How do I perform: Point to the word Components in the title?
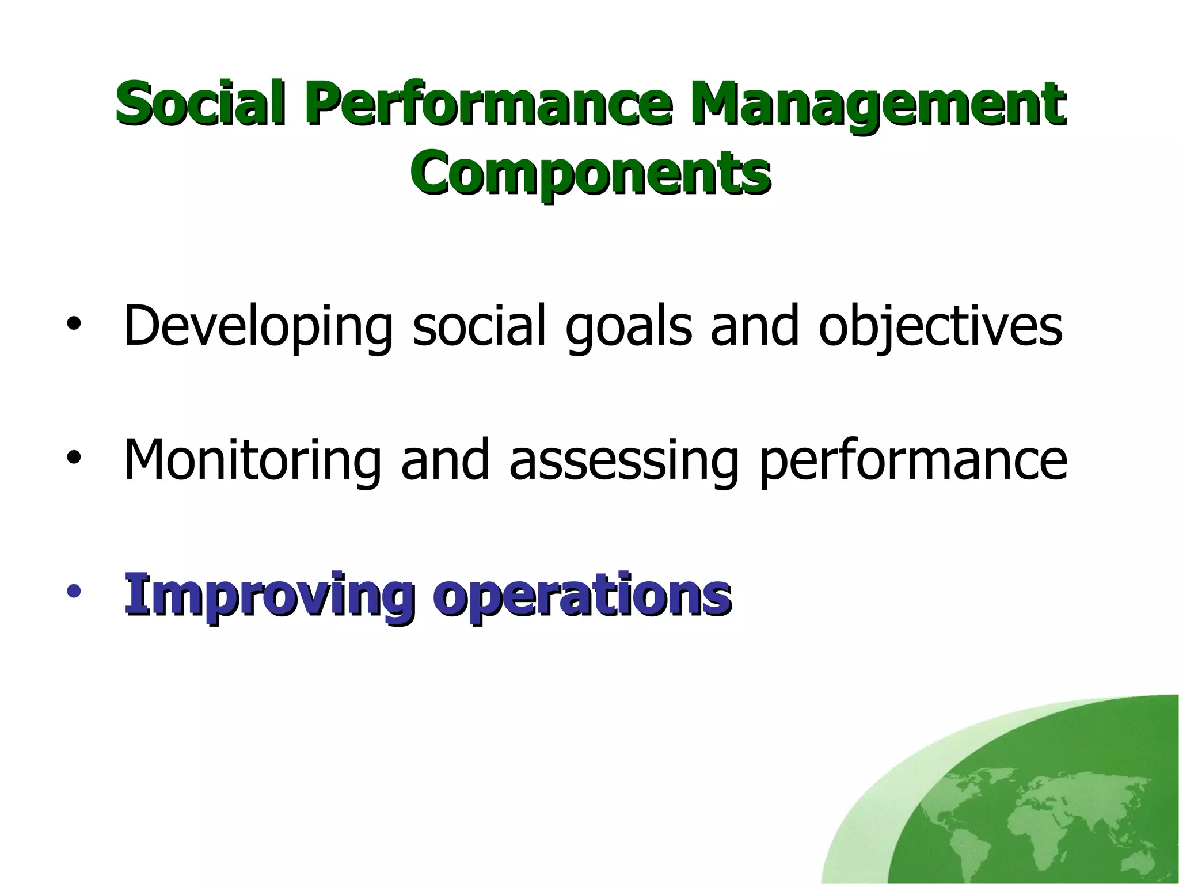(590, 172)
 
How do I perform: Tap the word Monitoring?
(252, 460)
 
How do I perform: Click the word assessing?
(623, 460)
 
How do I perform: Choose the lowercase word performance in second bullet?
(913, 460)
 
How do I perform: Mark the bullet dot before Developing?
(73, 325)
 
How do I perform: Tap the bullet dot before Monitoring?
(73, 458)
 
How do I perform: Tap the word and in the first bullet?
(755, 326)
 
